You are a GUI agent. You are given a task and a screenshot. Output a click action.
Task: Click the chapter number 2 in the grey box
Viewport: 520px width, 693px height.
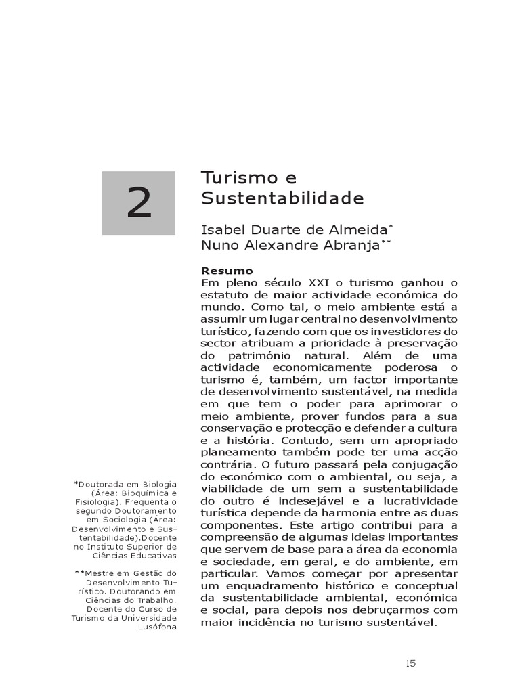(139, 204)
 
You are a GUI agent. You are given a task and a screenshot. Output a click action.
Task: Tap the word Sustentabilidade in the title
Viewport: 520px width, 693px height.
(282, 199)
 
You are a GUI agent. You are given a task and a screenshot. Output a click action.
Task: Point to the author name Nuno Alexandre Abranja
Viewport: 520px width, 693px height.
(290, 245)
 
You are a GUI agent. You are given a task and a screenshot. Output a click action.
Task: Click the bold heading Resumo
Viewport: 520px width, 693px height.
(227, 271)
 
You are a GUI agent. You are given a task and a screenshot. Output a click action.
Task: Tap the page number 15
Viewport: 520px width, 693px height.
(410, 663)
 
